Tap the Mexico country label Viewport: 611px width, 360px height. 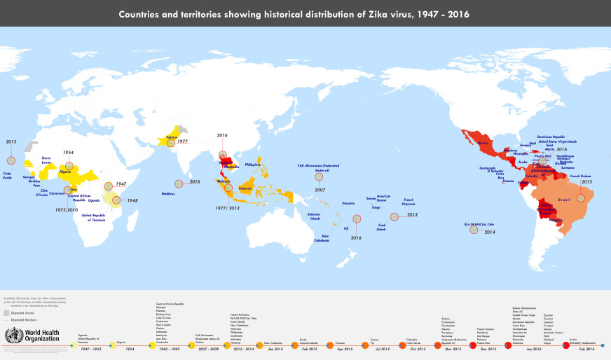pos(483,144)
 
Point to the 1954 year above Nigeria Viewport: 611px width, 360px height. pos(67,152)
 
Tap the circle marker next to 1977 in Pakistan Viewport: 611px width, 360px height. pos(170,142)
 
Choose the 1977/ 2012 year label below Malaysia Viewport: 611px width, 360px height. pos(228,207)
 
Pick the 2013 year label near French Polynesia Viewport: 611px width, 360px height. pos(412,216)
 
